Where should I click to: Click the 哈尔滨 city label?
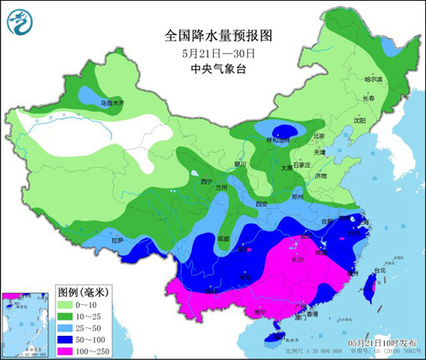(373, 79)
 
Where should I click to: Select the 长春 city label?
(366, 99)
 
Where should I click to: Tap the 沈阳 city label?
(359, 121)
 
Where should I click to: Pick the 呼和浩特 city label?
(277, 140)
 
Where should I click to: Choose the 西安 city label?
(261, 204)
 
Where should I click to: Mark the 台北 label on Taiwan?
(380, 271)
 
